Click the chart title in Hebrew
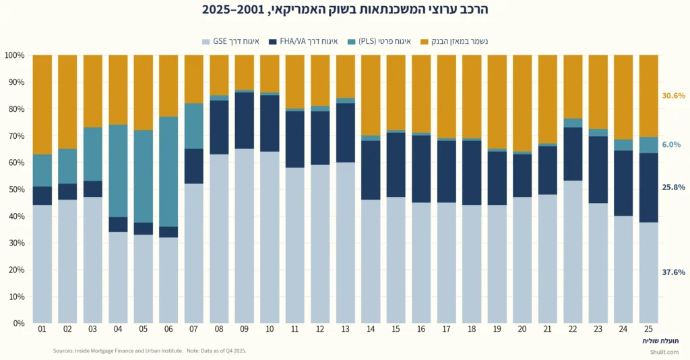(x=345, y=10)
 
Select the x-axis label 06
(x=168, y=330)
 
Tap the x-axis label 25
(x=648, y=330)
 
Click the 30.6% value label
(x=673, y=96)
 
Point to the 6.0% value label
(x=670, y=145)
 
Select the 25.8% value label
(x=673, y=187)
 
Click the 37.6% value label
(x=673, y=272)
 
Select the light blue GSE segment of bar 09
(x=245, y=236)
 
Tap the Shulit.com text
(x=664, y=352)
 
